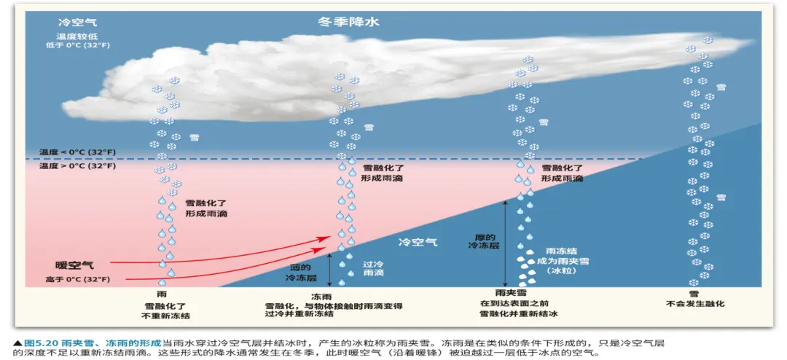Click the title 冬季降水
[x=348, y=22]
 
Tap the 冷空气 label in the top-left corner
[x=75, y=23]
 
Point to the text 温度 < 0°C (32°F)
[x=77, y=152]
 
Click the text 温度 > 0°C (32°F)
[x=77, y=166]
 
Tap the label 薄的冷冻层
[x=304, y=272]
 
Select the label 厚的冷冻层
[x=481, y=242]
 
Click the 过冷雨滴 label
[x=373, y=268]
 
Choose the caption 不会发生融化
[x=695, y=304]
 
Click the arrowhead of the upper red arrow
[x=326, y=238]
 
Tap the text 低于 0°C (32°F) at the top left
[x=75, y=45]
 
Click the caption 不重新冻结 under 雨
[x=165, y=316]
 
